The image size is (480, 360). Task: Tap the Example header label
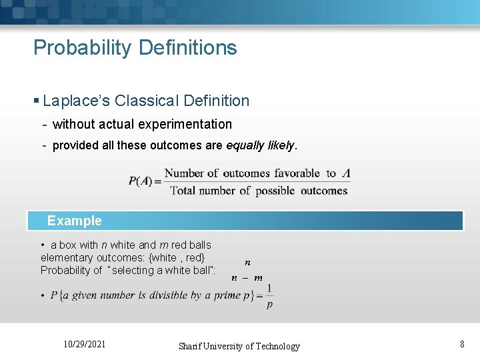pyautogui.click(x=75, y=221)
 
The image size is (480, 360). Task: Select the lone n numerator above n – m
pyautogui.click(x=247, y=263)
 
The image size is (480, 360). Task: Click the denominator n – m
pyautogui.click(x=247, y=278)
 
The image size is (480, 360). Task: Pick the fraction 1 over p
pyautogui.click(x=269, y=296)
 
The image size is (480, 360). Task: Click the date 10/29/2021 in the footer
pyautogui.click(x=84, y=344)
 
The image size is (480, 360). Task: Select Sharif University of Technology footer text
pyautogui.click(x=239, y=346)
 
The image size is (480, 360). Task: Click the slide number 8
pyautogui.click(x=461, y=344)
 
